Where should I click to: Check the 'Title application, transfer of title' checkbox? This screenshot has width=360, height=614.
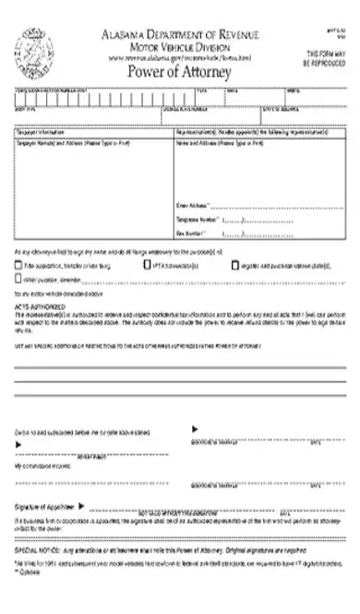pos(19,265)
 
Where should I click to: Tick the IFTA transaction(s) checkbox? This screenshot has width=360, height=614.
pos(146,264)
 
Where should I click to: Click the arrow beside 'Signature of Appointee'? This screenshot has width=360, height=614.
pos(83,506)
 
